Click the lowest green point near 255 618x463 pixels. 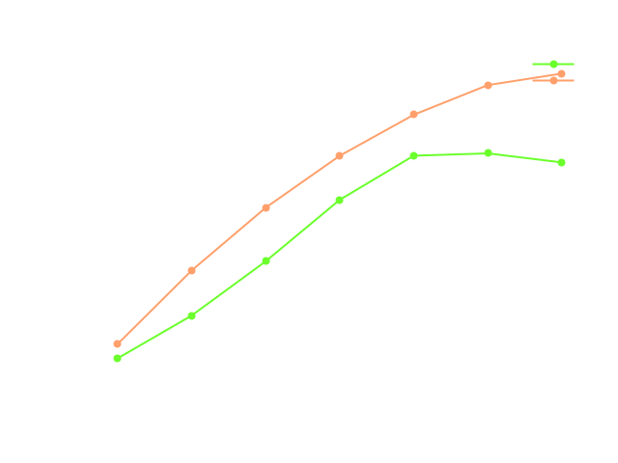(x=118, y=358)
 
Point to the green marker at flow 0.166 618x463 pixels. (x=413, y=155)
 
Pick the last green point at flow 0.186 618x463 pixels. (x=561, y=162)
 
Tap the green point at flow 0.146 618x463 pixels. (x=266, y=260)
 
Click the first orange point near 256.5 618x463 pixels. (x=118, y=343)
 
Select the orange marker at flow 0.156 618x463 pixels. (x=340, y=155)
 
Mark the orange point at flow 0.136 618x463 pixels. (x=191, y=270)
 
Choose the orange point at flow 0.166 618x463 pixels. (x=413, y=114)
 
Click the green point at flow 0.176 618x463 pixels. (x=488, y=153)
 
